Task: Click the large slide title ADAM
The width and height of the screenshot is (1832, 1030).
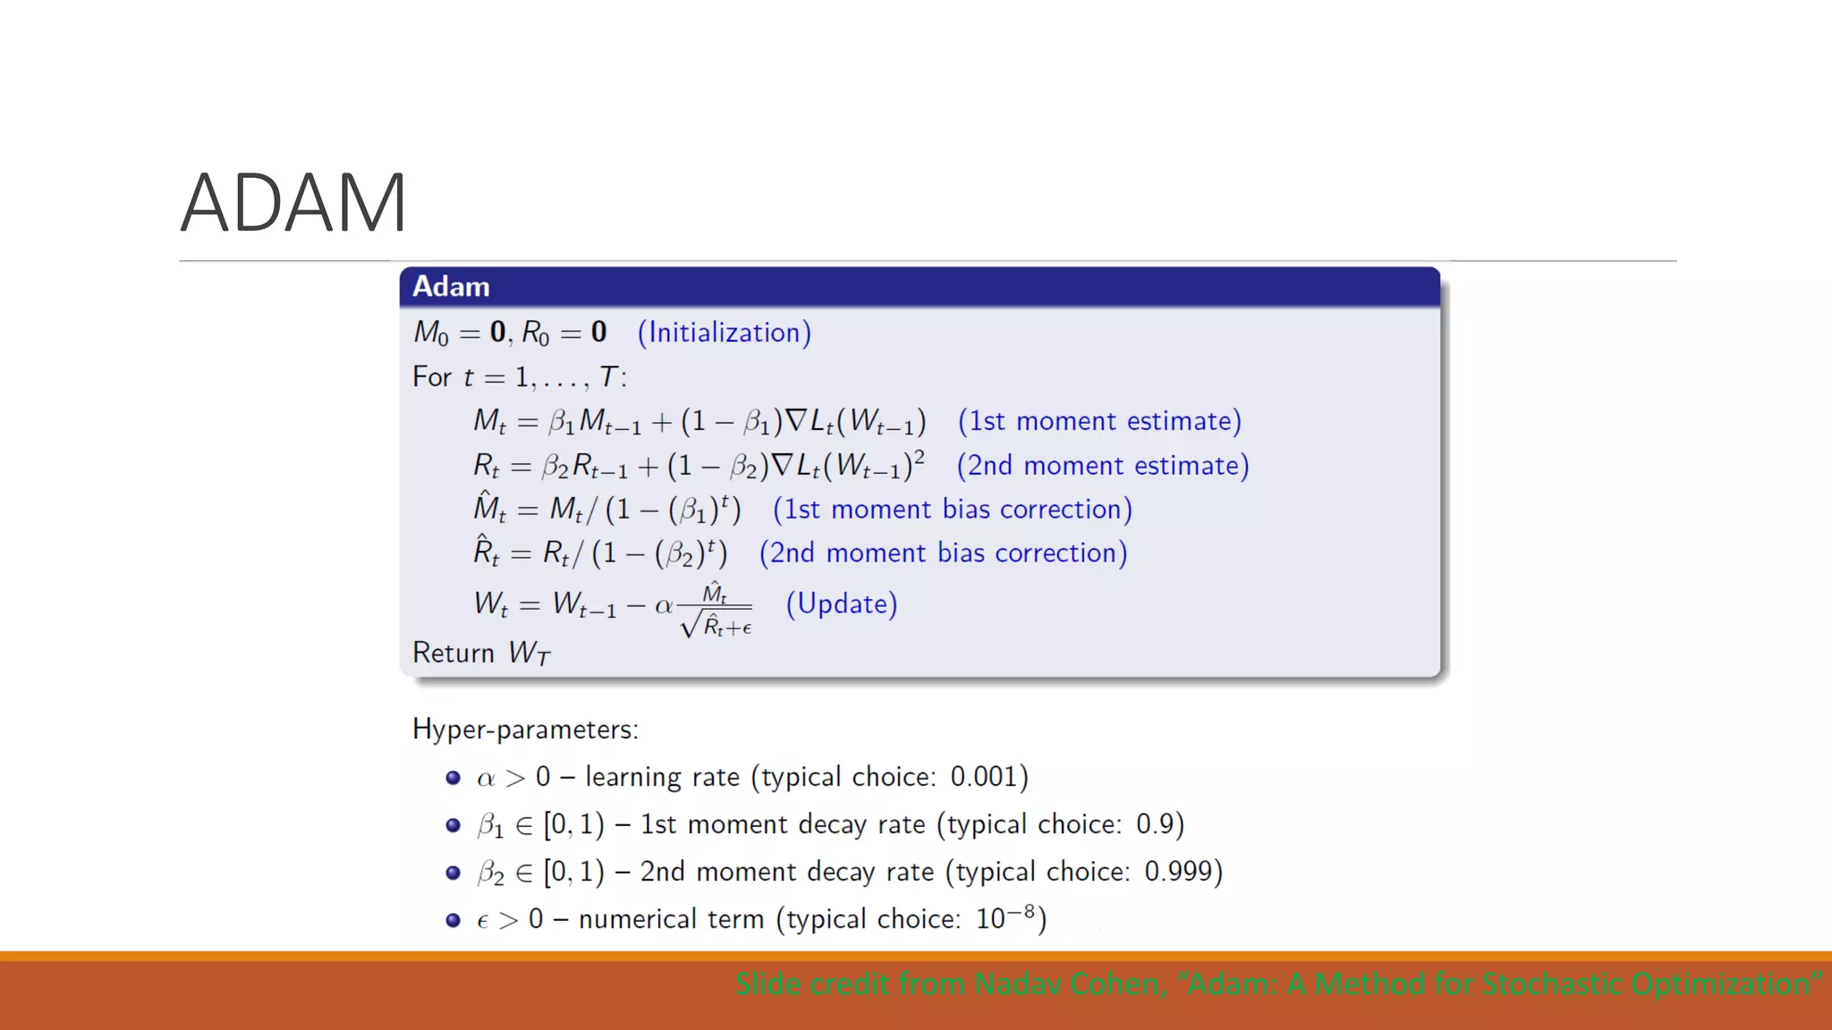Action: (x=293, y=203)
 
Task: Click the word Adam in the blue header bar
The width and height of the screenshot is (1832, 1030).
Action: (x=451, y=287)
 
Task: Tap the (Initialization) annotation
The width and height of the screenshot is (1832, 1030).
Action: (x=724, y=333)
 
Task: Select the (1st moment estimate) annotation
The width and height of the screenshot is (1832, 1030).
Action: (x=1099, y=421)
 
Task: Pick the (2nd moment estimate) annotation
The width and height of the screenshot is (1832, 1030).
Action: (x=1103, y=466)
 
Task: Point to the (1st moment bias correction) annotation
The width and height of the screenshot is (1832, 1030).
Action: (x=953, y=510)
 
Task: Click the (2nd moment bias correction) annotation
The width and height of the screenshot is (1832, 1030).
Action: (x=943, y=553)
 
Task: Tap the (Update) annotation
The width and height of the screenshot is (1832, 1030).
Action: (x=841, y=604)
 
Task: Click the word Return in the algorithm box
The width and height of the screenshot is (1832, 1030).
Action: (x=454, y=654)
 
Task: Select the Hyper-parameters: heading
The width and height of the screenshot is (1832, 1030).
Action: (x=525, y=730)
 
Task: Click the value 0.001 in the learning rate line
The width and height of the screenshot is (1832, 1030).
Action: (x=983, y=777)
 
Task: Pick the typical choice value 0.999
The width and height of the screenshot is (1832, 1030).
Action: (x=1178, y=872)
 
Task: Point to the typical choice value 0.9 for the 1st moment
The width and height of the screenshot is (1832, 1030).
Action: (x=1153, y=824)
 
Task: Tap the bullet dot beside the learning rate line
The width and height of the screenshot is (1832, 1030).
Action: (x=453, y=778)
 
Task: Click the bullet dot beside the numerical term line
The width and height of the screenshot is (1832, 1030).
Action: (x=453, y=920)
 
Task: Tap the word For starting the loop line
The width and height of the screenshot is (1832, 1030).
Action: (x=431, y=377)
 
